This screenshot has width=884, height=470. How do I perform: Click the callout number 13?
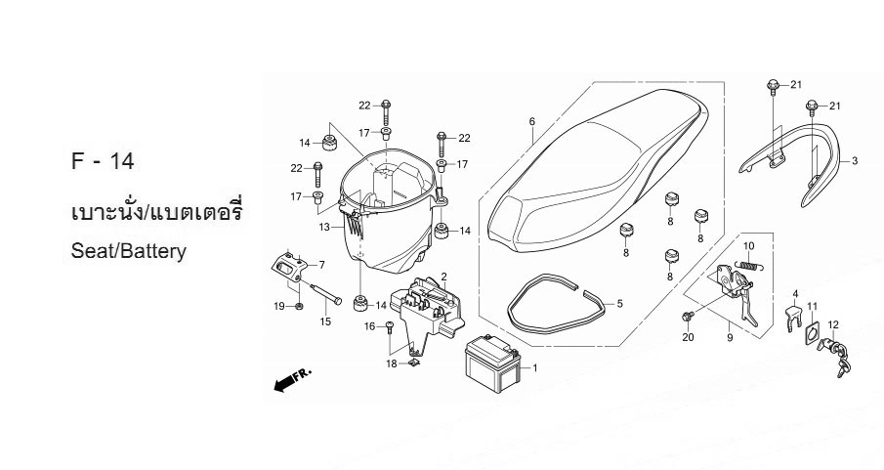323,228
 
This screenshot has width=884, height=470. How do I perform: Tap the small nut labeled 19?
299,307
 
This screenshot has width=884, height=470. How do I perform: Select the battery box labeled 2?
430,305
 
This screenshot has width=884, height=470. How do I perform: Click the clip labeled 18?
413,363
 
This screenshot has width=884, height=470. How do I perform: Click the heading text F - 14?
104,161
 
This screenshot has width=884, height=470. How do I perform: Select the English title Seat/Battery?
129,250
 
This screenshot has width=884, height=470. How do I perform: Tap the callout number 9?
730,338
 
